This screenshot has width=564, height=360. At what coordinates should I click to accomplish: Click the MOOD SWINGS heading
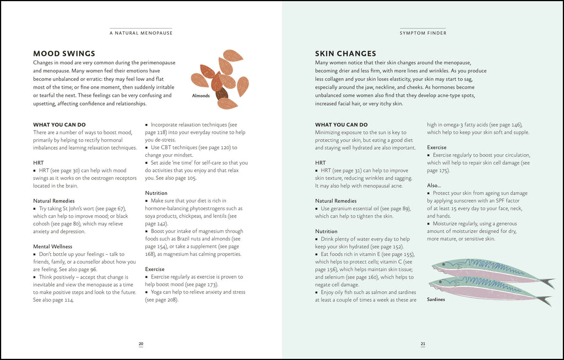(x=64, y=53)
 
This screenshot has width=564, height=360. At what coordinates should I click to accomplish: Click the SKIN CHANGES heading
(x=345, y=53)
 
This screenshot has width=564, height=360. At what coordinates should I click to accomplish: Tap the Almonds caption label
(x=200, y=95)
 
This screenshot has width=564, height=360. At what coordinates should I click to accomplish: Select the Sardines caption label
(x=436, y=299)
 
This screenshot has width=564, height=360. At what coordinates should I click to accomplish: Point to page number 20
(x=141, y=344)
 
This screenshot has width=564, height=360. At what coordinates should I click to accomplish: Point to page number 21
(x=423, y=344)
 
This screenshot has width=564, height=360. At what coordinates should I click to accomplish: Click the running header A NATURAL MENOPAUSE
(x=141, y=33)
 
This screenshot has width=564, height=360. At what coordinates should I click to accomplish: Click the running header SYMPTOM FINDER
(x=423, y=33)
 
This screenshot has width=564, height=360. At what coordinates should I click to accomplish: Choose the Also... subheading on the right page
(x=434, y=186)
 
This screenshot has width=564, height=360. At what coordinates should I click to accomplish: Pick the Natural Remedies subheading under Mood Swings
(x=54, y=201)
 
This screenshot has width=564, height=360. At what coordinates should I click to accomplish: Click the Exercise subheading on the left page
(x=155, y=269)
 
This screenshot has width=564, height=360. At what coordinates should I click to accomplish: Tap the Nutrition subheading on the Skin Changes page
(x=326, y=232)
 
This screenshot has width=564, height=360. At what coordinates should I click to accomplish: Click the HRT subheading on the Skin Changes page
(x=320, y=163)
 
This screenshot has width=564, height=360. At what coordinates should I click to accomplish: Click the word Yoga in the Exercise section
(x=158, y=292)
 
